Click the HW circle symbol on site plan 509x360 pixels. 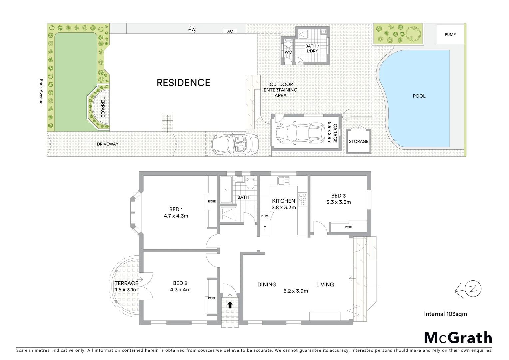click(x=192, y=30)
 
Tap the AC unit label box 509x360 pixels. click(x=230, y=31)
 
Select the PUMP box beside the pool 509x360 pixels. click(x=450, y=34)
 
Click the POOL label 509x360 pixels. click(x=419, y=96)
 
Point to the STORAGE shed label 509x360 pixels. click(x=358, y=141)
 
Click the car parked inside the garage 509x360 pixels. click(x=300, y=132)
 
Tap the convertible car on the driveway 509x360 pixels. click(x=235, y=144)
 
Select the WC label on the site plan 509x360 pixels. click(x=288, y=52)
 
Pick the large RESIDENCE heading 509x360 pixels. click(x=183, y=83)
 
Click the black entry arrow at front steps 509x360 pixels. click(x=230, y=305)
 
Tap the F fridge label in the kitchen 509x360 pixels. click(x=265, y=228)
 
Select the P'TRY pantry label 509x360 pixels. click(x=265, y=216)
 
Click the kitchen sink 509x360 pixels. click(x=284, y=181)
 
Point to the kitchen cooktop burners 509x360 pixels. click(x=303, y=199)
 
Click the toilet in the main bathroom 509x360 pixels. click(x=250, y=183)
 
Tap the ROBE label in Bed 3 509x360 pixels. click(x=348, y=227)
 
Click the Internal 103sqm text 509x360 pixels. click(x=445, y=314)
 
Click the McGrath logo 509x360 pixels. click(x=458, y=338)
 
